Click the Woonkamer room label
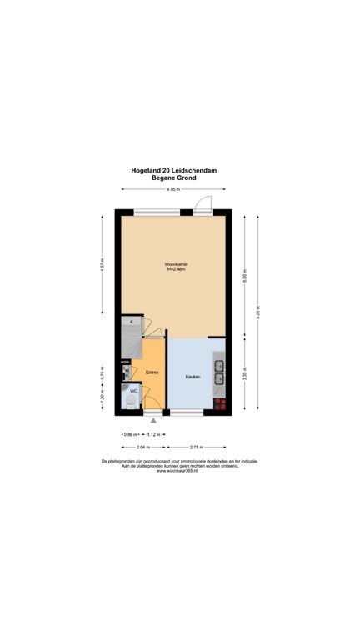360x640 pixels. [176, 264]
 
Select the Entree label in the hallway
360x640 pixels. [152, 372]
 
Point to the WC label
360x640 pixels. [133, 390]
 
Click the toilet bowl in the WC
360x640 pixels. [132, 402]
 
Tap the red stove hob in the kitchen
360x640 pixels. [220, 403]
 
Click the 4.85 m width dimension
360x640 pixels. [173, 189]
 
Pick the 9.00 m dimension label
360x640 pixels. [258, 316]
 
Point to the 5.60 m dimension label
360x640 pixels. [244, 274]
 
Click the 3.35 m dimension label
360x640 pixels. [244, 374]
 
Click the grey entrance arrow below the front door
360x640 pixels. [152, 422]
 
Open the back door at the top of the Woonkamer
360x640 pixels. [203, 204]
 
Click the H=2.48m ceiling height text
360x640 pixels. [176, 270]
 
